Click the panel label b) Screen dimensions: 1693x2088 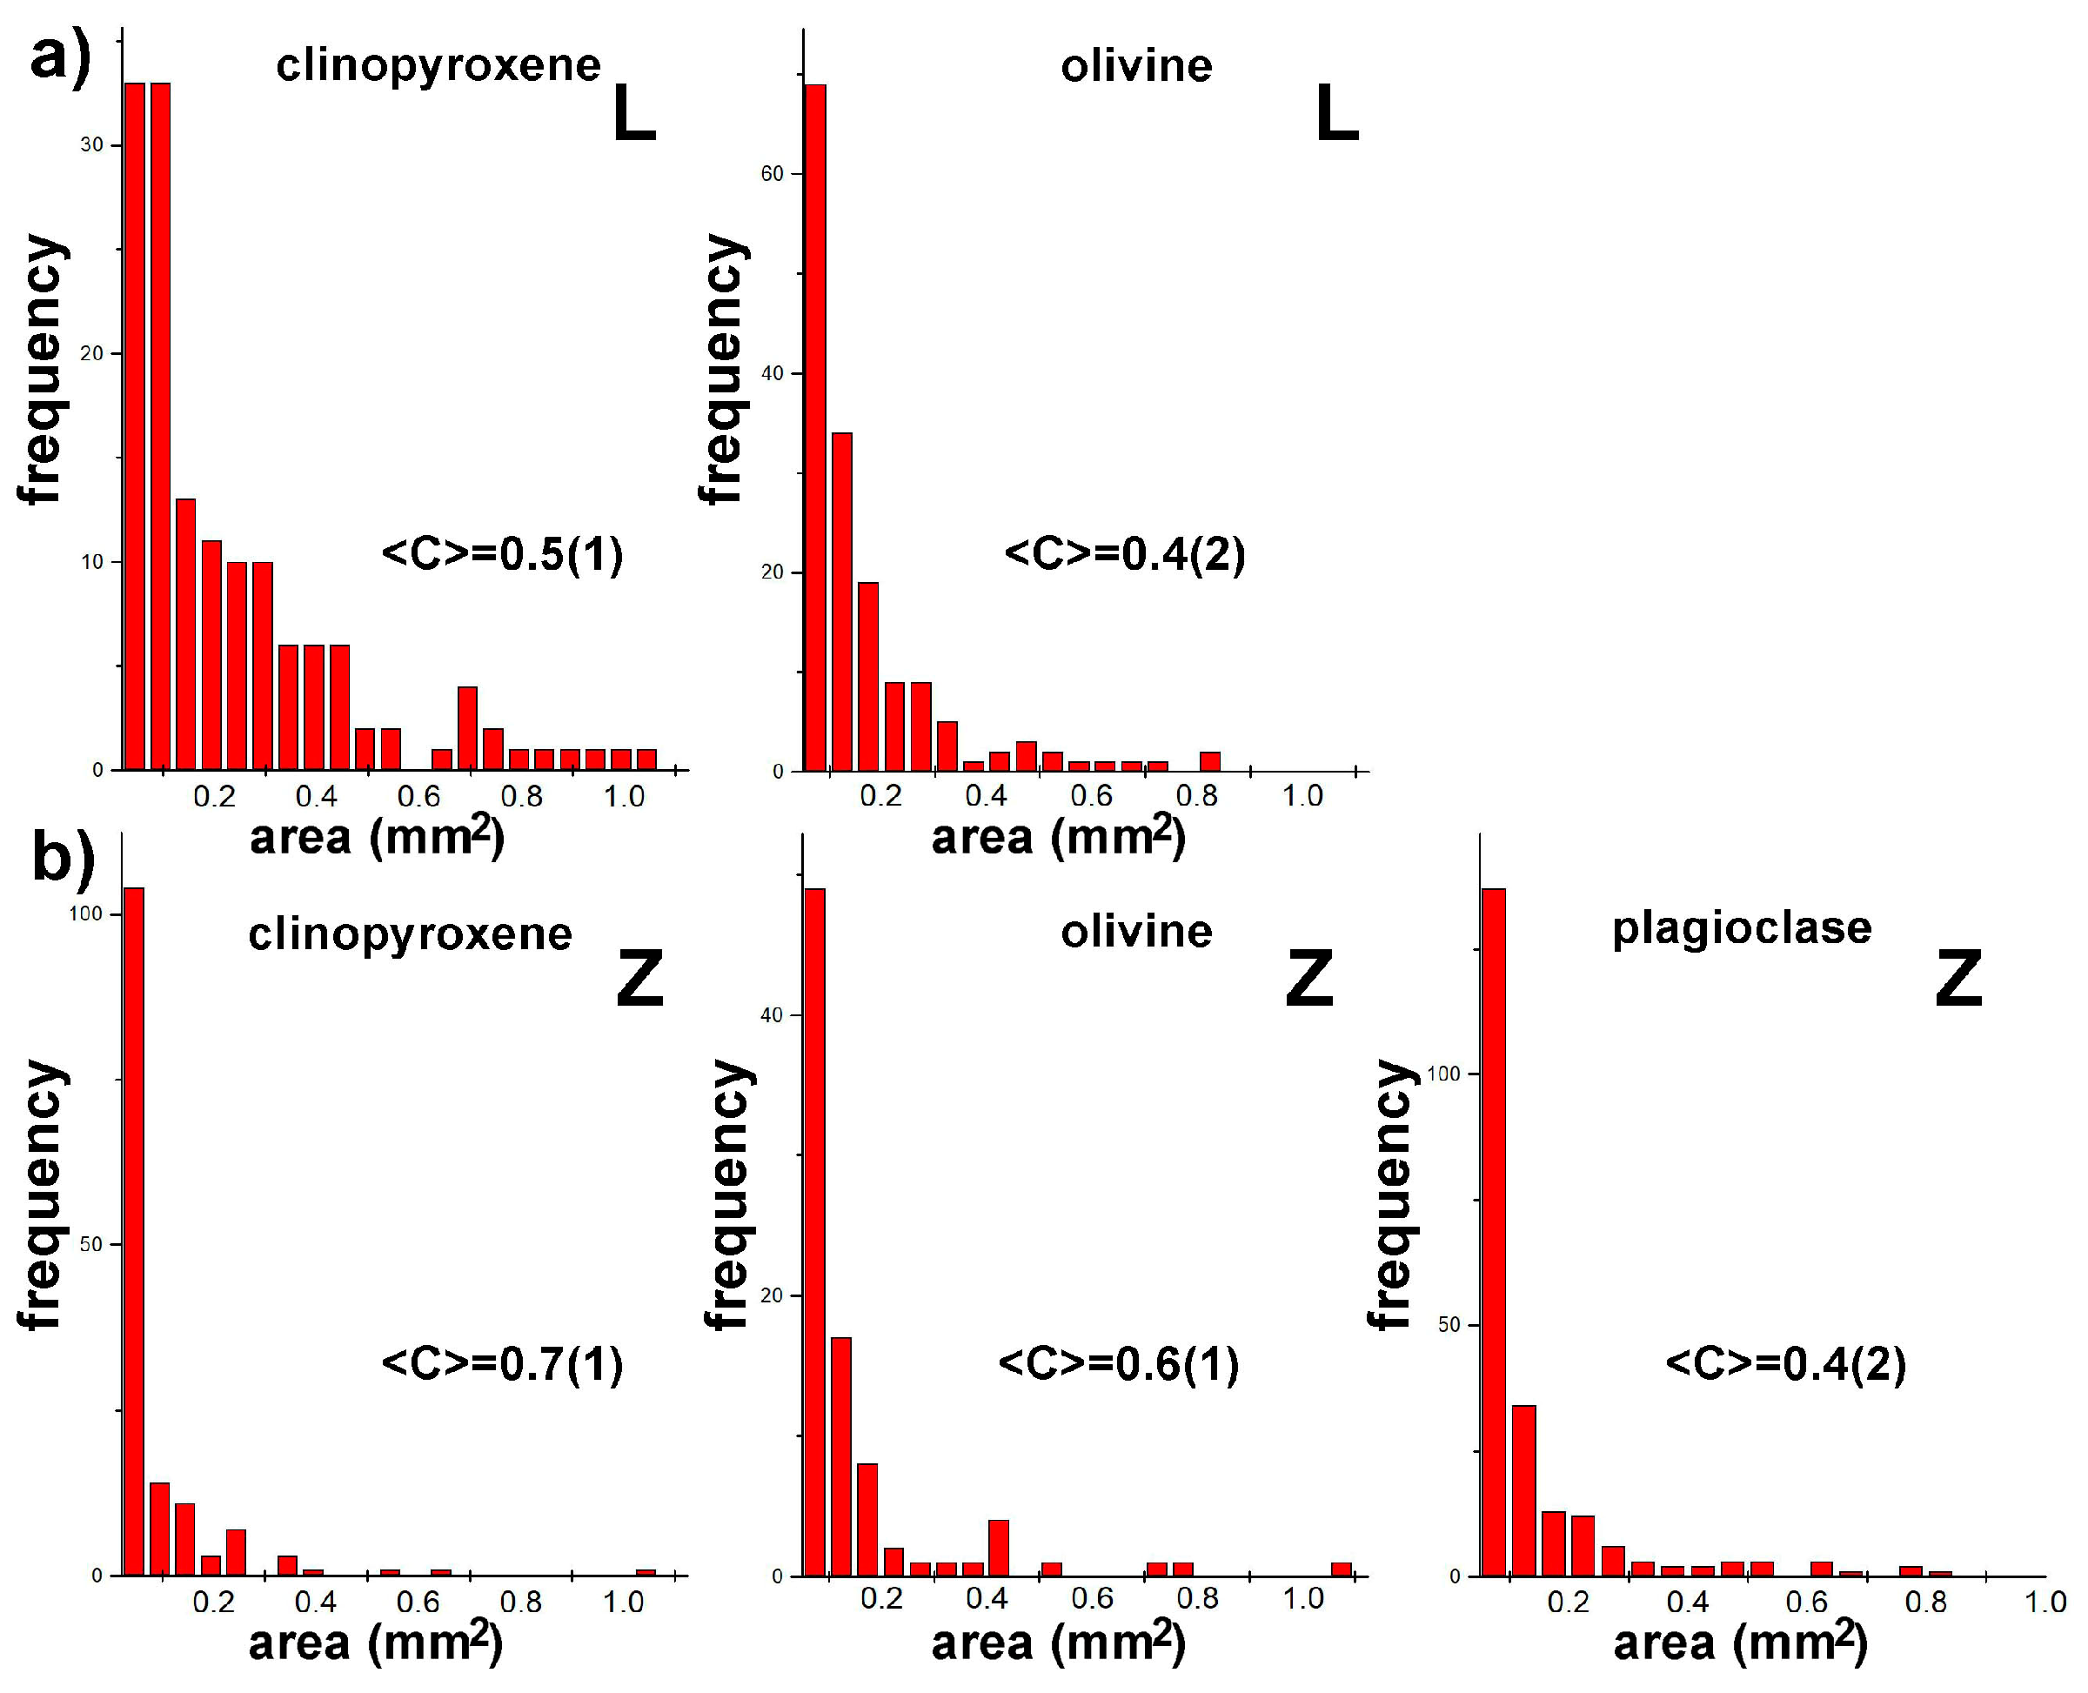tap(63, 858)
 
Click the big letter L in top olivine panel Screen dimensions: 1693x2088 tap(1336, 115)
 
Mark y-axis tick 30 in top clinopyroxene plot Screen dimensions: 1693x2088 tap(91, 144)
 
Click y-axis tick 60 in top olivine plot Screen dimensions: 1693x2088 tap(773, 174)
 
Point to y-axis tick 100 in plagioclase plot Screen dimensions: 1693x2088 tap(1443, 1074)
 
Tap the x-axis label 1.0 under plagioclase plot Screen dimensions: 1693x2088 tap(2044, 1603)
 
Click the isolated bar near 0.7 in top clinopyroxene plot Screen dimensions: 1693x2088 tap(467, 727)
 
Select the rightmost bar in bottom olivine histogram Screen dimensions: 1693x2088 tap(1341, 1569)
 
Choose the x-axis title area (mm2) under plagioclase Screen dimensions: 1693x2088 tap(1740, 1644)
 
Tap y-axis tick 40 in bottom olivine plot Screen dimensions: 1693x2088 tap(773, 1015)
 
